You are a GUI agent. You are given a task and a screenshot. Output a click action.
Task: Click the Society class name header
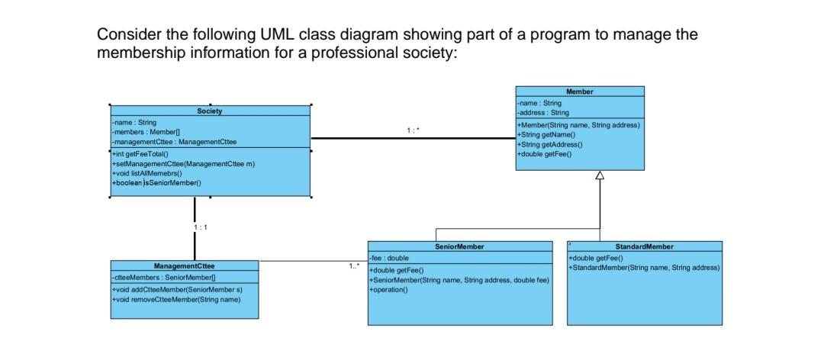pos(210,111)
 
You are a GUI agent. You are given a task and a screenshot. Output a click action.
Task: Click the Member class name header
pos(579,92)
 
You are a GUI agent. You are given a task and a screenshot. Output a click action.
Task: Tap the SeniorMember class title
pos(459,247)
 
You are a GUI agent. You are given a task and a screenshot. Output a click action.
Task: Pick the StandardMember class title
pos(644,247)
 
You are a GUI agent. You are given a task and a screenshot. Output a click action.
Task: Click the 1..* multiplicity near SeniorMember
pos(352,267)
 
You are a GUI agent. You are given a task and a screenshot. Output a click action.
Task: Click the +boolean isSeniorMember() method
pos(156,183)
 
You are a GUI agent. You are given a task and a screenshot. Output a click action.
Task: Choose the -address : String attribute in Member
pos(537,112)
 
